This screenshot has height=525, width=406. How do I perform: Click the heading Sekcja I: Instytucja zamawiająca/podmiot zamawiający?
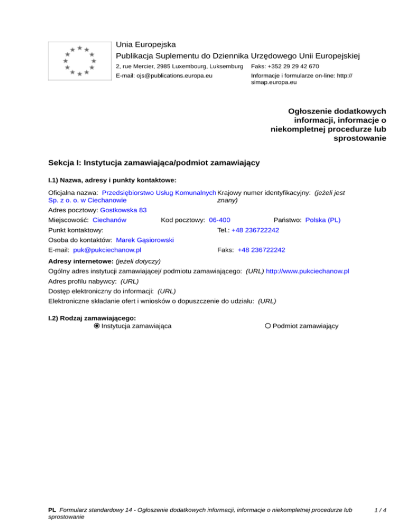point(153,163)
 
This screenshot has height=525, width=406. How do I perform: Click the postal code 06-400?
point(219,220)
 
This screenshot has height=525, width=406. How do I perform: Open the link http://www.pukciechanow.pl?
point(308,271)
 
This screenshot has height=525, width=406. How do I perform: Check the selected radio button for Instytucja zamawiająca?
point(97,326)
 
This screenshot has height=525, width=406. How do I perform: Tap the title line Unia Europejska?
point(146,44)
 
